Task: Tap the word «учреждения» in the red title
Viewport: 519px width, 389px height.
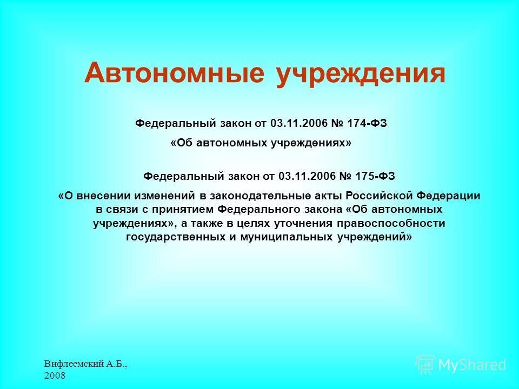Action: tap(361, 73)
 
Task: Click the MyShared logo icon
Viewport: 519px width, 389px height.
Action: tap(425, 365)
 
